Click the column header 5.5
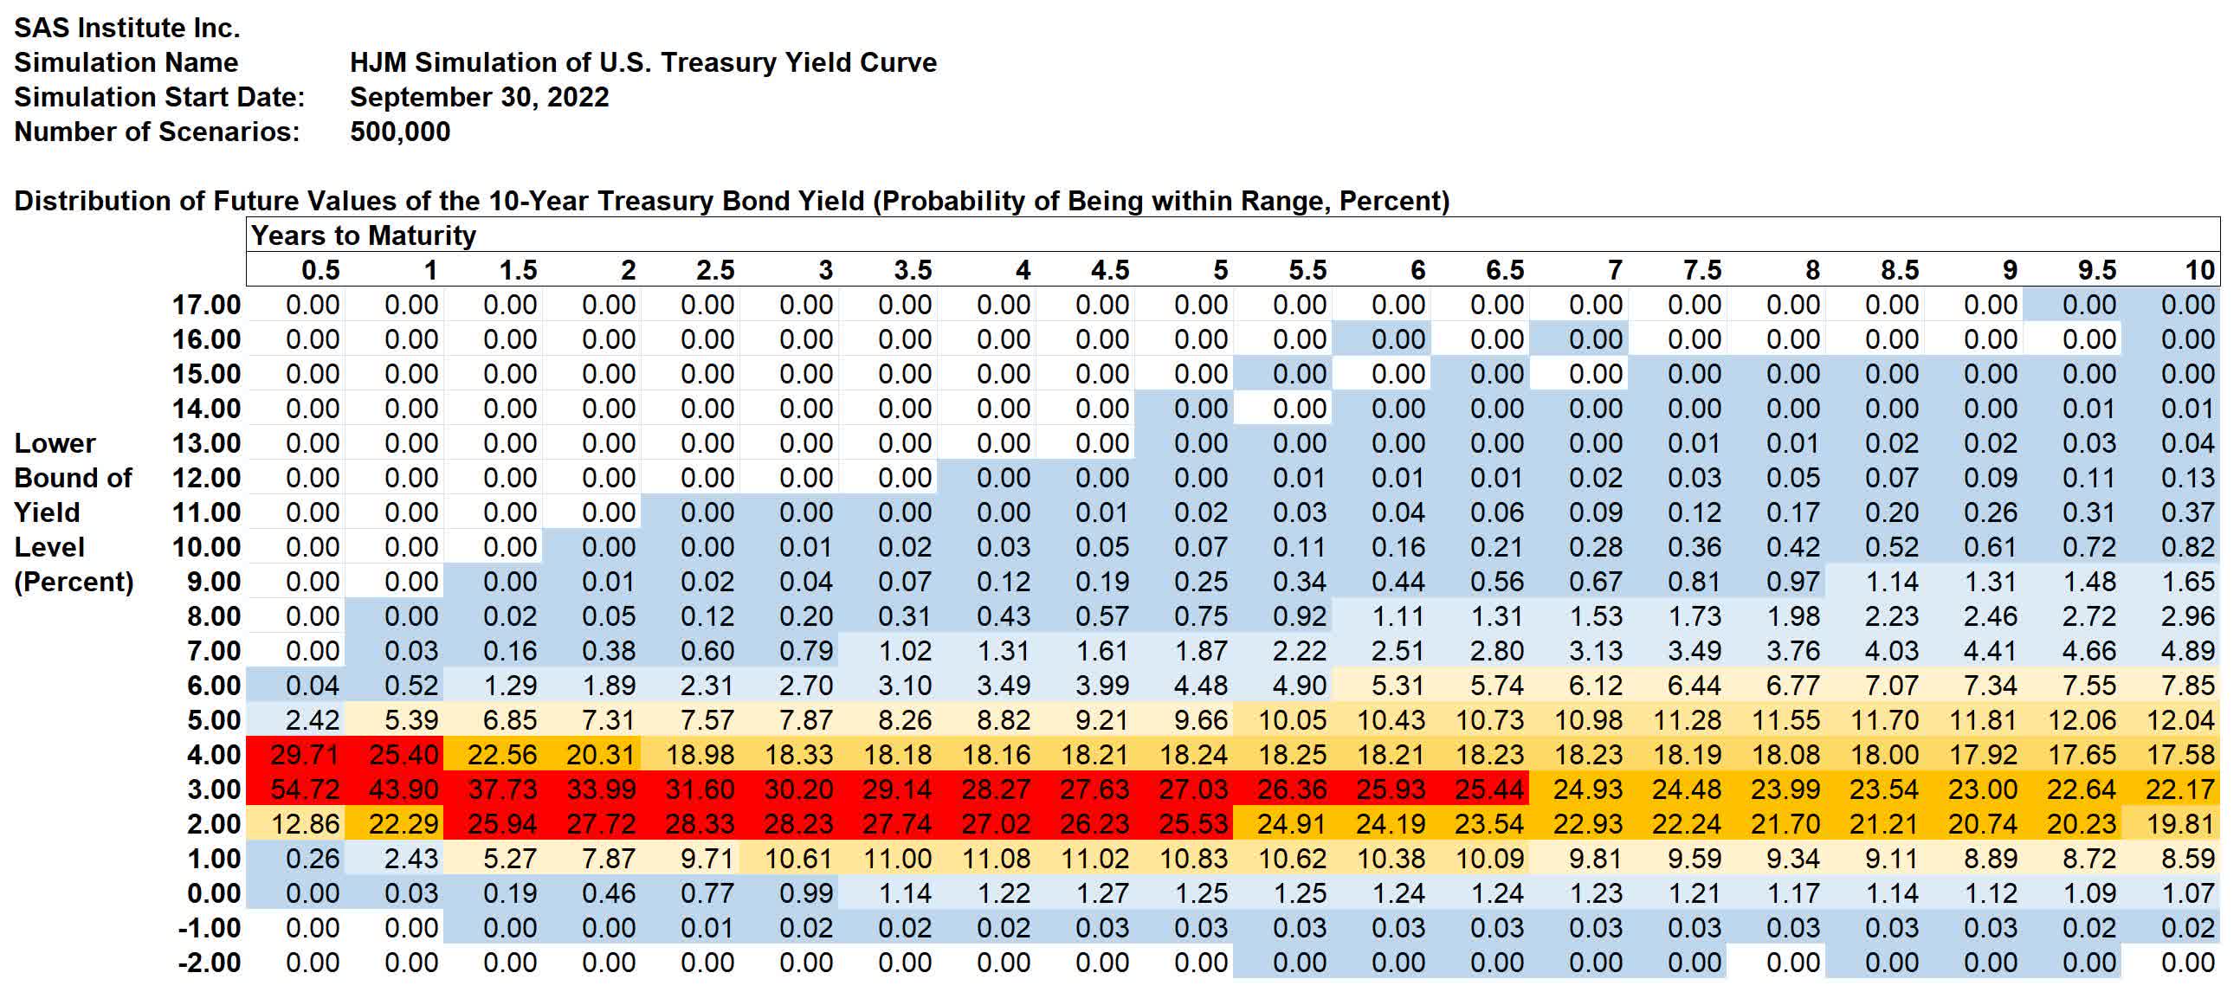pos(1307,270)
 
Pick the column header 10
pos(2200,270)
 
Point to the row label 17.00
pos(206,306)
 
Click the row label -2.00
pos(210,963)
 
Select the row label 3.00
pos(214,789)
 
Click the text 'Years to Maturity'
pos(364,235)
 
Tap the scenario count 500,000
pos(400,132)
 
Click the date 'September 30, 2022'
pos(479,97)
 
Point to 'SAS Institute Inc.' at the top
pos(127,28)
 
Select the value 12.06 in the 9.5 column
pos(2081,720)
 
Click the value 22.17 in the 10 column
pos(2180,789)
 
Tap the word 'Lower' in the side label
pos(55,443)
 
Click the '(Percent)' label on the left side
pos(74,582)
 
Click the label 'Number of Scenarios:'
pos(157,132)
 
